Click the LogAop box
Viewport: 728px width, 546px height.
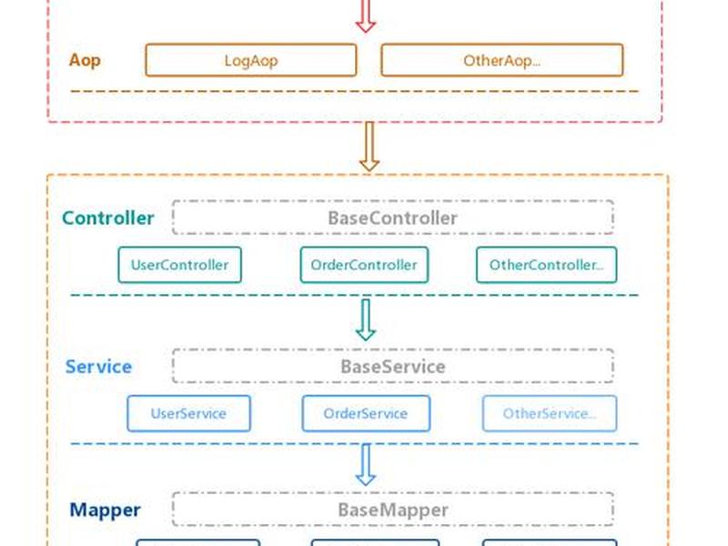click(x=251, y=60)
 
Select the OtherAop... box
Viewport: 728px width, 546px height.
click(x=502, y=60)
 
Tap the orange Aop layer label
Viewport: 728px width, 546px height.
click(x=85, y=60)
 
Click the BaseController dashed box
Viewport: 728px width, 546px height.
click(x=393, y=217)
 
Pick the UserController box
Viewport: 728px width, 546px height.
click(x=179, y=265)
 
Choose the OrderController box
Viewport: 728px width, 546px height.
click(x=364, y=265)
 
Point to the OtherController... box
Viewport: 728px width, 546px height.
click(x=547, y=265)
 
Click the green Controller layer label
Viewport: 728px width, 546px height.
click(x=107, y=217)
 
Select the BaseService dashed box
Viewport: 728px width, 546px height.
click(x=393, y=366)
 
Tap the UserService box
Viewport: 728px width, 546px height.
click(x=188, y=413)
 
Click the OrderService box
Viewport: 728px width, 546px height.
click(x=366, y=413)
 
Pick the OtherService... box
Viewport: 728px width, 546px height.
click(x=550, y=413)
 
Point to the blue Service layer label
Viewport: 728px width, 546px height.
click(x=98, y=367)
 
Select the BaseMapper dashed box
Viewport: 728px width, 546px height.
click(x=393, y=510)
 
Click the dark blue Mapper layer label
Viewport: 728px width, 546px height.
click(x=105, y=510)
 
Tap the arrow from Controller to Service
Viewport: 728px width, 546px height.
click(x=366, y=320)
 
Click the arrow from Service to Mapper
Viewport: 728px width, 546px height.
click(x=366, y=465)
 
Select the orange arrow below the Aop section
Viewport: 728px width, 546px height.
click(x=369, y=147)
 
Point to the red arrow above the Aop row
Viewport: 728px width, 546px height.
click(x=366, y=16)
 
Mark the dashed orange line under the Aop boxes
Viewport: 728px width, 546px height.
click(x=354, y=92)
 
